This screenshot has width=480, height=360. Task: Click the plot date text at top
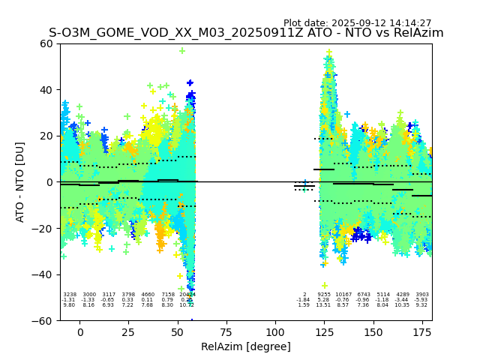pos(357,23)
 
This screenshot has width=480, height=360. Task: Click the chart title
pos(246,33)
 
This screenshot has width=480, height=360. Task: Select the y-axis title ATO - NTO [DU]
pos(20,182)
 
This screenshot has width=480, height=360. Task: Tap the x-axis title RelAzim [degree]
pos(246,346)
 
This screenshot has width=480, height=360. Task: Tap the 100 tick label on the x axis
pos(275,332)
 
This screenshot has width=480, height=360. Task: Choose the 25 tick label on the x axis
pos(129,332)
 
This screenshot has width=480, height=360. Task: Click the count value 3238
pos(70,295)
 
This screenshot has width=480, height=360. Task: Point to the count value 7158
pos(168,295)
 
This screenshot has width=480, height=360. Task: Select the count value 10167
pos(343,295)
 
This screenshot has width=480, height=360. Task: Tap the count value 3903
pos(422,295)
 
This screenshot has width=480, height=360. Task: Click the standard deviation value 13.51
pos(324,305)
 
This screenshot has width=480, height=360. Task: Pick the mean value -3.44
pos(403,300)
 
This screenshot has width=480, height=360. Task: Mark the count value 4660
pos(148,295)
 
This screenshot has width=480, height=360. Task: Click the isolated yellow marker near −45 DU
pos(325,285)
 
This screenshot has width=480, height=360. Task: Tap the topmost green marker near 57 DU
pos(182,51)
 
